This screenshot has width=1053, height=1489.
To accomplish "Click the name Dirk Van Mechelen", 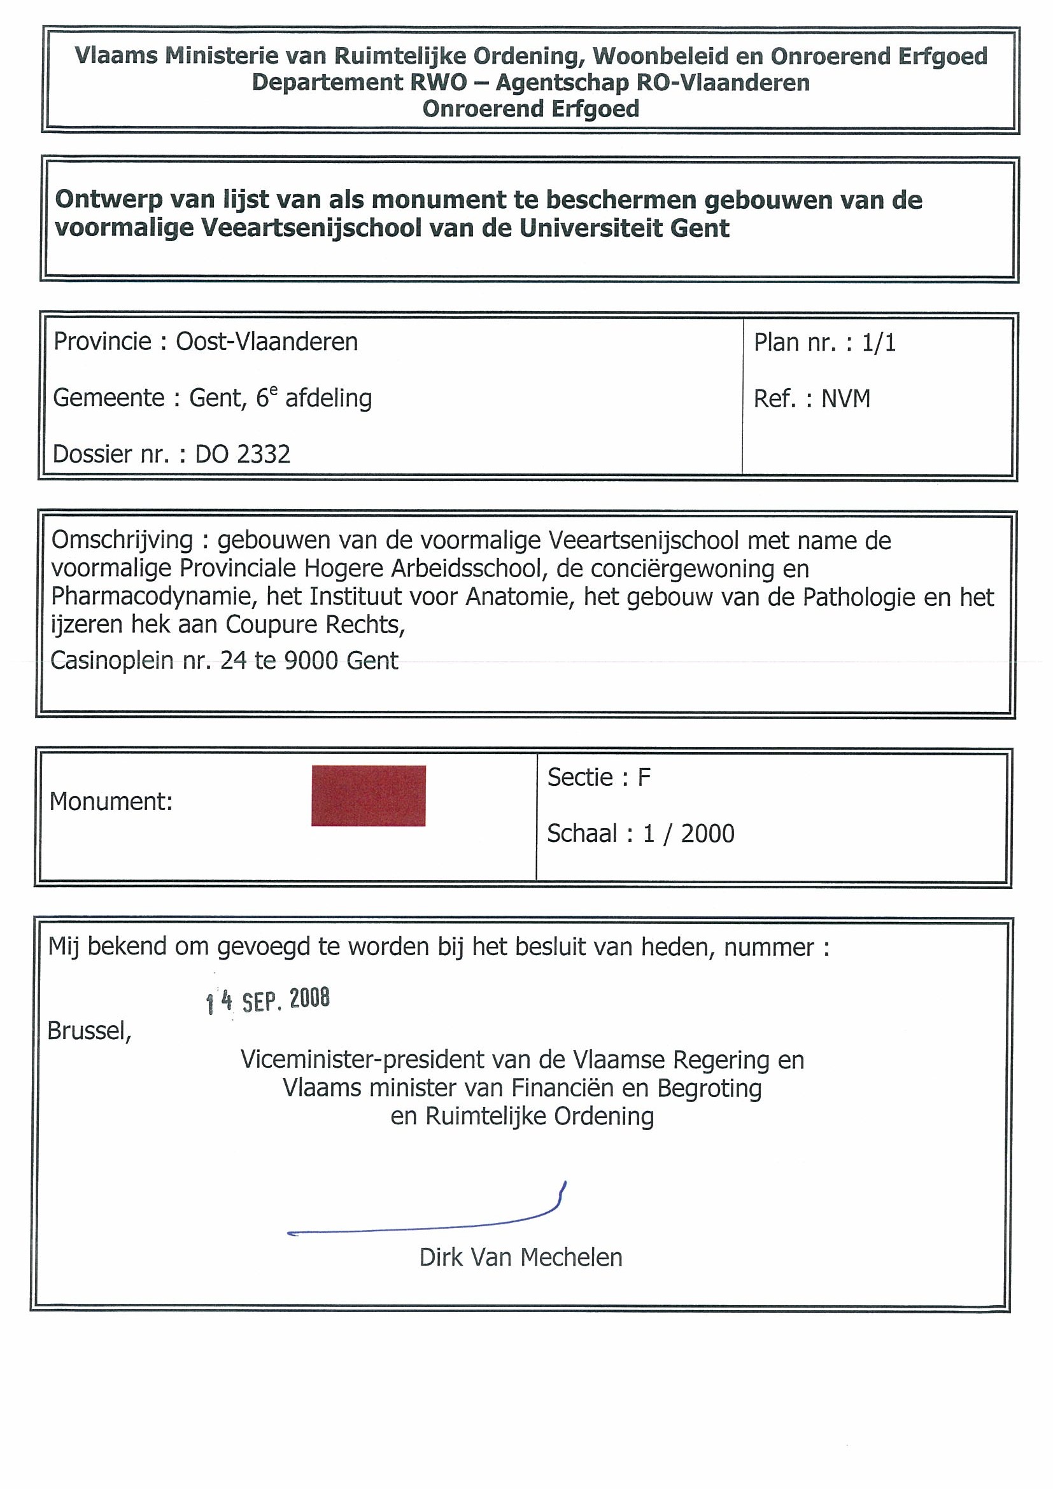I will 520,1257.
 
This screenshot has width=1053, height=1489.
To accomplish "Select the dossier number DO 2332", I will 243,454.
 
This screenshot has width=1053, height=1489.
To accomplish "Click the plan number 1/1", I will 879,342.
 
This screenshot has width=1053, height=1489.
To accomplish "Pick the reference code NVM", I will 845,399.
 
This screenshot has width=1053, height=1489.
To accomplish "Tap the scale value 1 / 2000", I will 688,834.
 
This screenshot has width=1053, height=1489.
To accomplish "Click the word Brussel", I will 89,1030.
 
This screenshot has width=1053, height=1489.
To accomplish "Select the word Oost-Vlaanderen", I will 267,342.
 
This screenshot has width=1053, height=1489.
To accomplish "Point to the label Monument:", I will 111,802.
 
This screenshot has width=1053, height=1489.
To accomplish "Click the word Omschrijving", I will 122,540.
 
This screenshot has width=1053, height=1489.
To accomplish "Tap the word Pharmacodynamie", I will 151,596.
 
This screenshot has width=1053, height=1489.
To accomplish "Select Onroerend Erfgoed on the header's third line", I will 531,108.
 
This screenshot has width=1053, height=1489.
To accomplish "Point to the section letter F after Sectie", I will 644,778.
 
